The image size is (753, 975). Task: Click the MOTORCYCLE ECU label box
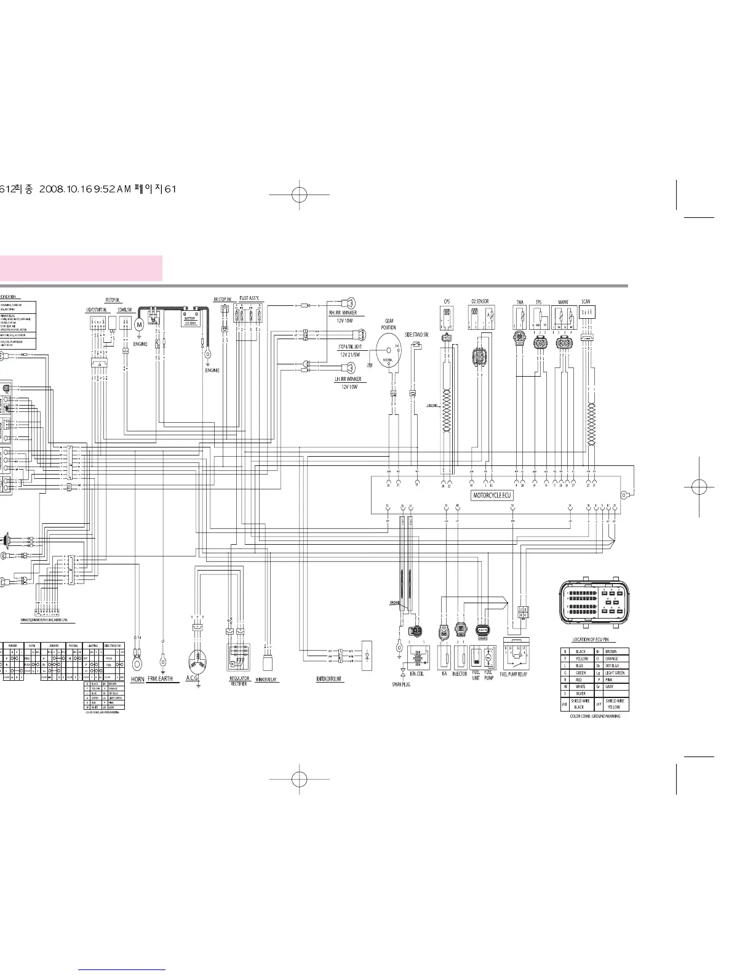point(492,495)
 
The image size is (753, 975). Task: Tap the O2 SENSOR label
point(480,302)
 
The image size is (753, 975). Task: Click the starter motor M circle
point(139,324)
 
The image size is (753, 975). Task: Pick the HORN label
point(138,679)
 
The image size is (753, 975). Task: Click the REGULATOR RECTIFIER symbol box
point(239,657)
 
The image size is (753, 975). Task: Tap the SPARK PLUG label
point(401,684)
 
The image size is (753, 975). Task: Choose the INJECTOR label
point(460,674)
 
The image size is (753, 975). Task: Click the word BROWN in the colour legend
point(610,651)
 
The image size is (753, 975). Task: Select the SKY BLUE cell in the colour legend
point(612,665)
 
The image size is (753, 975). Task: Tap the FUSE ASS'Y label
point(249,299)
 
